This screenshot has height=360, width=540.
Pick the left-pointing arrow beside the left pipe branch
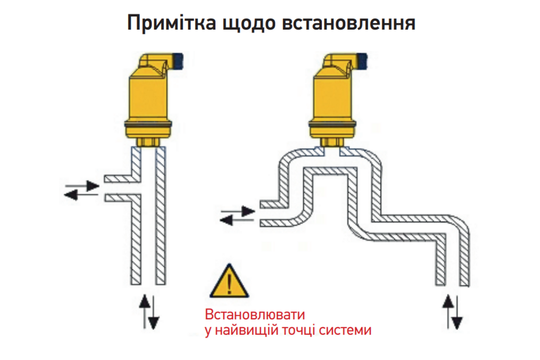coord(81,194)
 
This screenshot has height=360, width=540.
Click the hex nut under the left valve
coord(148,142)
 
